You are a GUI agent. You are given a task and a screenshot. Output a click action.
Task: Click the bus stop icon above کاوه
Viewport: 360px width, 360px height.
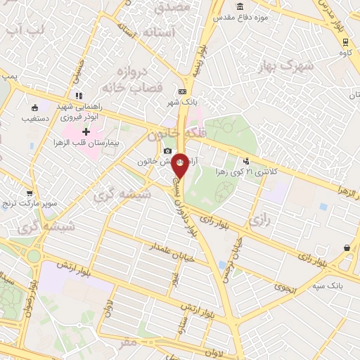tap(344, 41)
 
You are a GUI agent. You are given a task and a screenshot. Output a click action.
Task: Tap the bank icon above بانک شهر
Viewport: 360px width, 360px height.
tap(183, 91)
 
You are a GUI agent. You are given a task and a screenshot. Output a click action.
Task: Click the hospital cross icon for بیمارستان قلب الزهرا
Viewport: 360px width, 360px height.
tap(86, 131)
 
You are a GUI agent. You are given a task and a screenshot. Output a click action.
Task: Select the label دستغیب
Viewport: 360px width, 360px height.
tap(36, 119)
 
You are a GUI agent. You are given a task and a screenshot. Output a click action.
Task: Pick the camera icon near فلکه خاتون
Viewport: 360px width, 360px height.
tap(167, 150)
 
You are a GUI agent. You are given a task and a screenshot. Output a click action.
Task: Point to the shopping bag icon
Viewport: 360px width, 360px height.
tap(347, 247)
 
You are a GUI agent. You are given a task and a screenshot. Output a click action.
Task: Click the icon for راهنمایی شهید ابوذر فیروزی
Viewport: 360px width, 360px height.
tap(79, 95)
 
